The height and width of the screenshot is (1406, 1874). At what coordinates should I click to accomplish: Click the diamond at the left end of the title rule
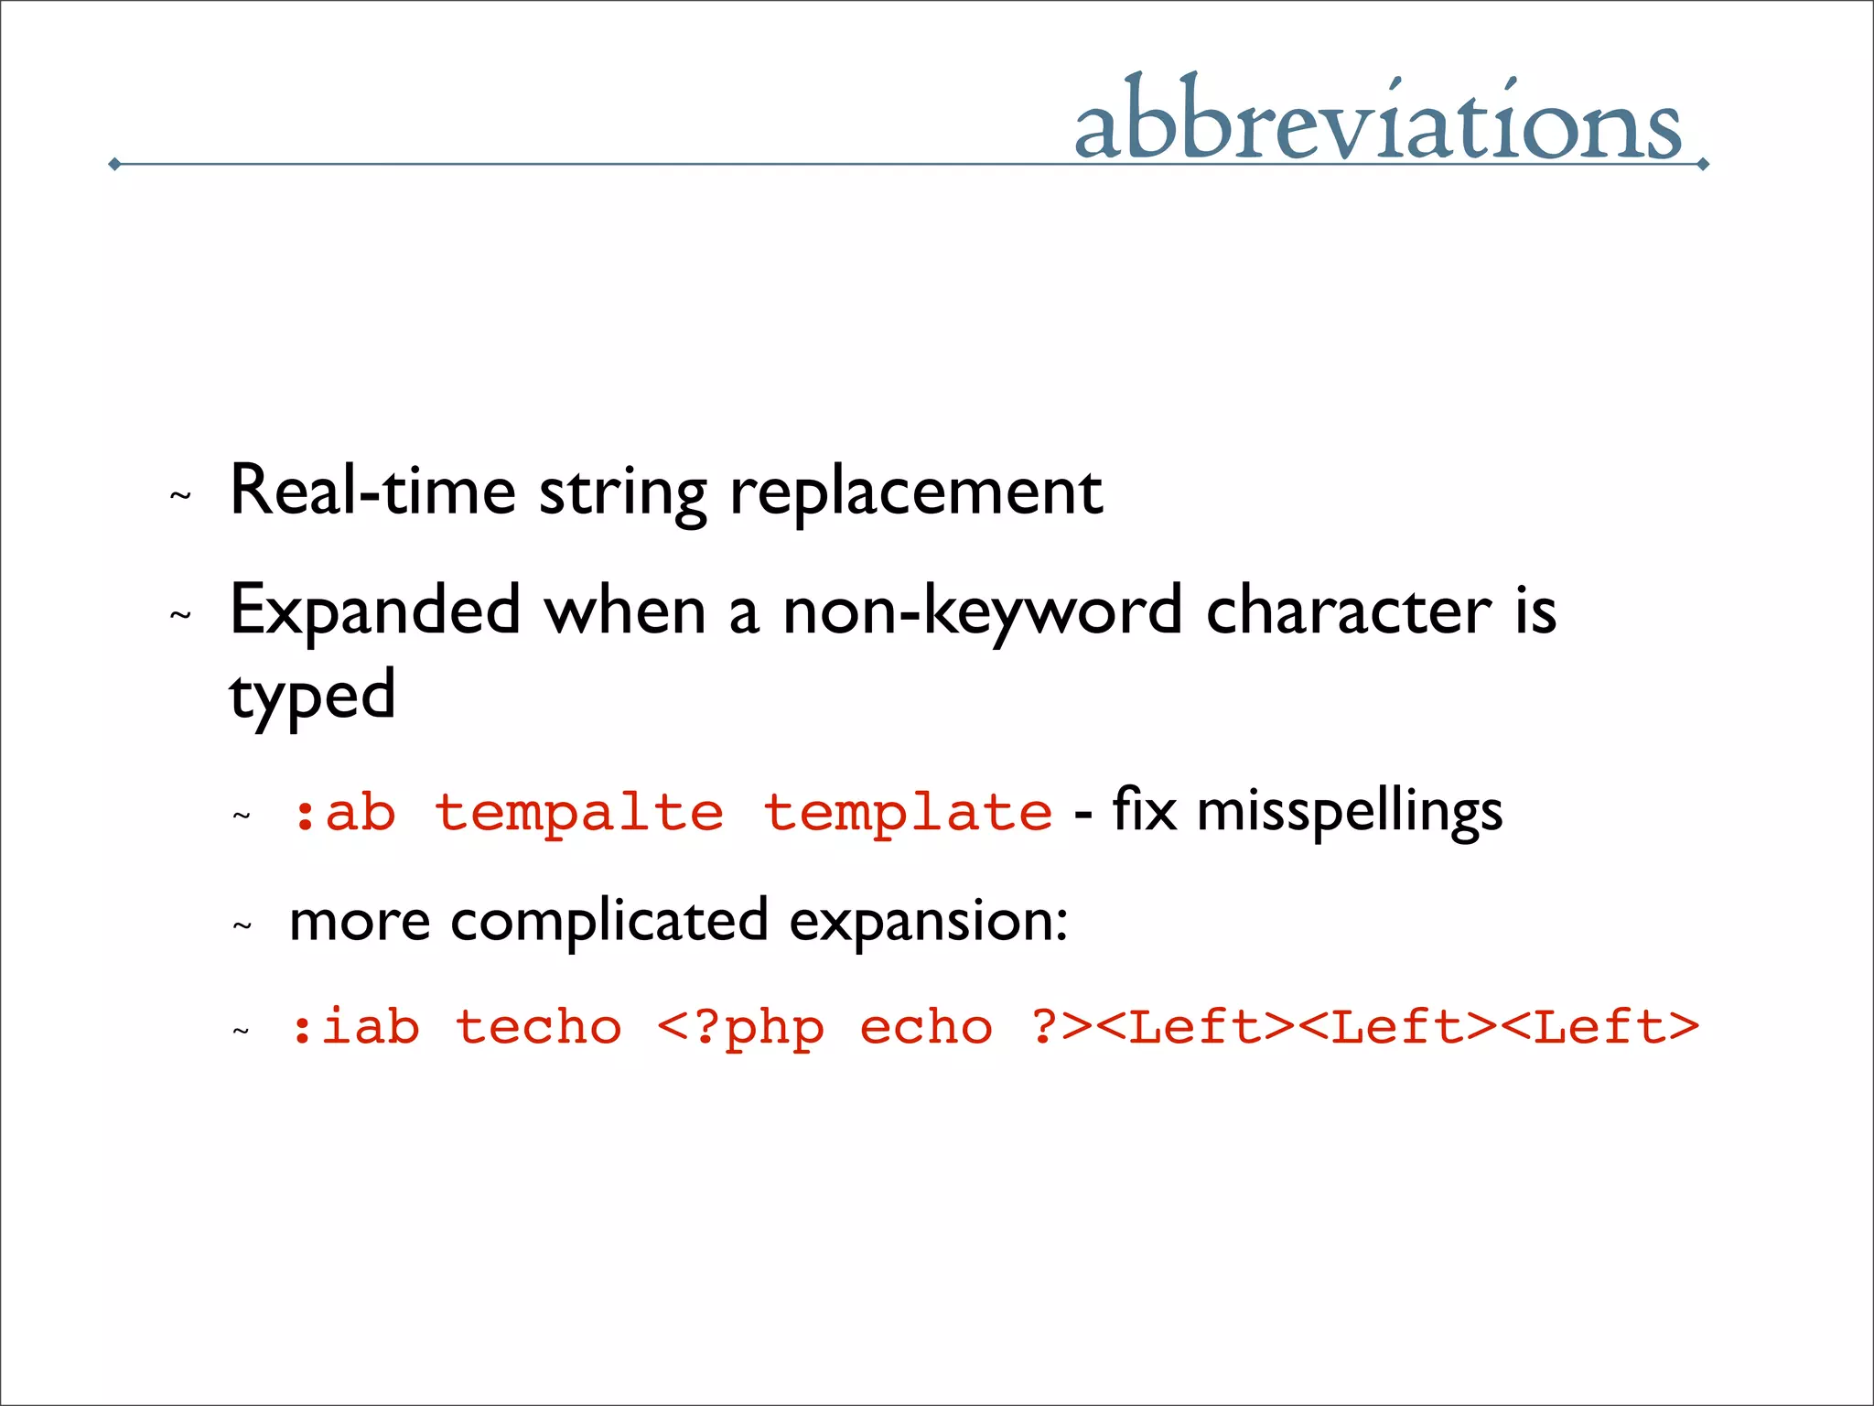114,164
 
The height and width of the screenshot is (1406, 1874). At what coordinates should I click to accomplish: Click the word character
1349,611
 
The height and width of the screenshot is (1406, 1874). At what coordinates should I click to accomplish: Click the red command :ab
344,813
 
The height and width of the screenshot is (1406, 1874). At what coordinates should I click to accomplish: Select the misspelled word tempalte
578,813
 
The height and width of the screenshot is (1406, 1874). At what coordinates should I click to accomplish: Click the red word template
908,813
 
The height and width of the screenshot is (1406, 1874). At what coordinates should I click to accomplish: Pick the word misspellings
1349,812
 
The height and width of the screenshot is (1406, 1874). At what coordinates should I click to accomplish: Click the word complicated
609,922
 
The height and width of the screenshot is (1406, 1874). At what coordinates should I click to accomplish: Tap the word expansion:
928,922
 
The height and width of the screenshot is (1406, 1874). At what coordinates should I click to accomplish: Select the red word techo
538,1026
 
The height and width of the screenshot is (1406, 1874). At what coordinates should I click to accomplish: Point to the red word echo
925,1026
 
